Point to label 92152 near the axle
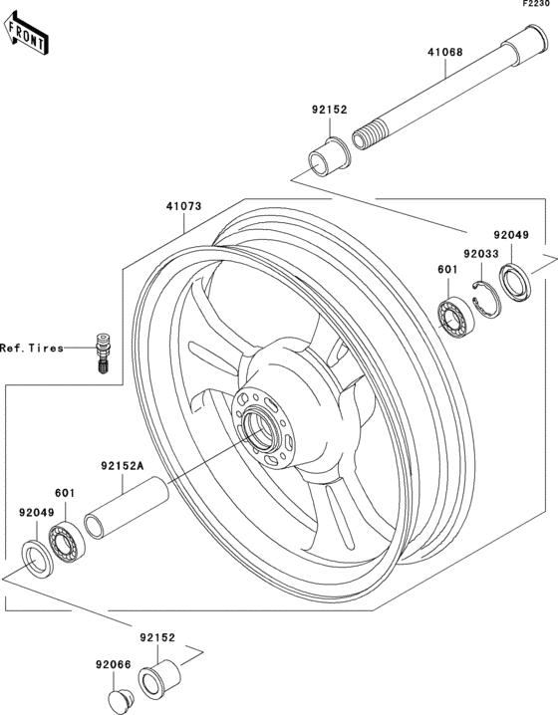pyautogui.click(x=328, y=110)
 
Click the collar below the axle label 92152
pyautogui.click(x=324, y=157)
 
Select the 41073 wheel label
pyautogui.click(x=183, y=207)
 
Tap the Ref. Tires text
pyautogui.click(x=31, y=348)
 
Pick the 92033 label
pyautogui.click(x=479, y=255)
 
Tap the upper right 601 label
pyautogui.click(x=447, y=268)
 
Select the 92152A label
pyautogui.click(x=122, y=464)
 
